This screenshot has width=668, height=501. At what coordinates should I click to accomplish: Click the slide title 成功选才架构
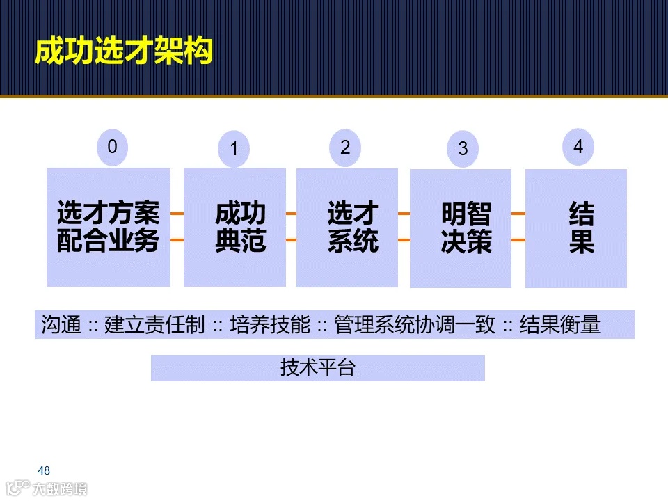coord(123,53)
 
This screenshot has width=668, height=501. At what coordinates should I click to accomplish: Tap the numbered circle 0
coord(113,147)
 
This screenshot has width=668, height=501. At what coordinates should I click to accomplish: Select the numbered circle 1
coord(234,149)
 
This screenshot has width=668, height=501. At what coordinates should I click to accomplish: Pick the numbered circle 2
coord(345,148)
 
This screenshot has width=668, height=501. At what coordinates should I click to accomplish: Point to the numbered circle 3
coord(463,149)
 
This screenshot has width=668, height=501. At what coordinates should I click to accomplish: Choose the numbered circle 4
coord(578,147)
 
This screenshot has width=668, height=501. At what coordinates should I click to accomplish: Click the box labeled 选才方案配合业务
coord(109,227)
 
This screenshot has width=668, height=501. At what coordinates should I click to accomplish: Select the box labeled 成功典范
coord(234,227)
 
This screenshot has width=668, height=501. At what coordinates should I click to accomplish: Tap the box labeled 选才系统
coord(347,228)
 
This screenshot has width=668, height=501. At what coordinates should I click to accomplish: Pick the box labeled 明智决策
coord(461,228)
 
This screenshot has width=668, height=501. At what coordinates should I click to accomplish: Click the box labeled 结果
coord(576,228)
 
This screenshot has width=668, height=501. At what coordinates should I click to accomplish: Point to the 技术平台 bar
coord(317,368)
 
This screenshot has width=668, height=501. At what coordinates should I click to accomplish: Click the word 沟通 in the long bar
coord(61,325)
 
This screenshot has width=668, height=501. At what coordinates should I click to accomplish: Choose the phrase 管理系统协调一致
coord(415,325)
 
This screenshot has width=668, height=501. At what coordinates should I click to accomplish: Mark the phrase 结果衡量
coord(559,325)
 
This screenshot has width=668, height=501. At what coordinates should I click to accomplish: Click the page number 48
coord(45,470)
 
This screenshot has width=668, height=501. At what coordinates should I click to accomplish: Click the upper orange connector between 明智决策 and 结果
coord(518,214)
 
